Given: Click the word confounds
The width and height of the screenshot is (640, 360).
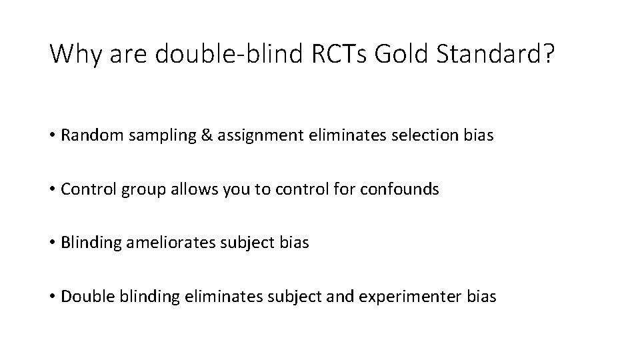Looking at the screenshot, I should [x=399, y=189].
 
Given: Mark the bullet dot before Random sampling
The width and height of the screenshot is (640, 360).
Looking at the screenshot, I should [x=53, y=136].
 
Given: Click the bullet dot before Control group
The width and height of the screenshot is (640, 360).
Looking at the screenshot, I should [x=53, y=190].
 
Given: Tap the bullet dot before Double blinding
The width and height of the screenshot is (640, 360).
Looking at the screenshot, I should [x=53, y=297].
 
